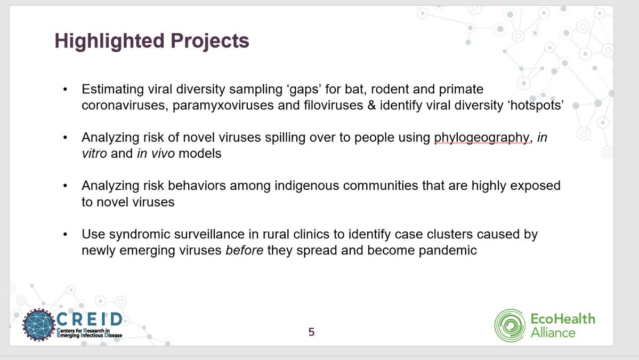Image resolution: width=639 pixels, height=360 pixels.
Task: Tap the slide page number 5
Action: coord(311,332)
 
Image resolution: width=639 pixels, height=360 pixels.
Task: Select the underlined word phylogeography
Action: coord(481,138)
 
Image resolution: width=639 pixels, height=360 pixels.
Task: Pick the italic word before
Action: coord(245,250)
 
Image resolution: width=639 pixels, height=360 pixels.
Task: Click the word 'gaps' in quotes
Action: coord(304,89)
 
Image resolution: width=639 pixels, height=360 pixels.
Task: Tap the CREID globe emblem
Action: coord(39,325)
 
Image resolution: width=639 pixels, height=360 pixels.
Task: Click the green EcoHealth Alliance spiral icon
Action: coord(510,325)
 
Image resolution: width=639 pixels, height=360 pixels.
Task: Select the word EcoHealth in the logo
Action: coord(563,318)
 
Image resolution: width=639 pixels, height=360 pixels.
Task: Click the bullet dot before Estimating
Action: coord(65,89)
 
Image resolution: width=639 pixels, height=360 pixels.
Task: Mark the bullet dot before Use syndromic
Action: coord(65,235)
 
